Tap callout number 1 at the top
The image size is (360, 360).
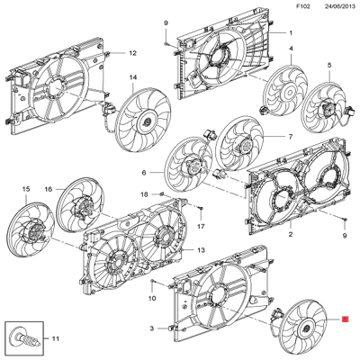coord(291,31)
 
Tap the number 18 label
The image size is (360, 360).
coord(143,194)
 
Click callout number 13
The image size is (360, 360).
coord(201,249)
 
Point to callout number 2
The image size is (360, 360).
coord(291,235)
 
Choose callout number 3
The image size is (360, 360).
coord(152,328)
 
